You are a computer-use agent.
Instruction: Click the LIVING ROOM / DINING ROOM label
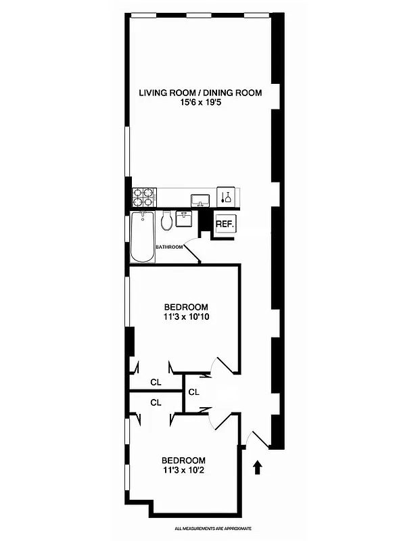[x=200, y=93]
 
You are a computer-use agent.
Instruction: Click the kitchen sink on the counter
[x=200, y=199]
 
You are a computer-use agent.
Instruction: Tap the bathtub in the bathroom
[x=141, y=237]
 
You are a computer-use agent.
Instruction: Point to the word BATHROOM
[x=169, y=247]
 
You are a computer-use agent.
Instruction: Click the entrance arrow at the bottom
[x=257, y=467]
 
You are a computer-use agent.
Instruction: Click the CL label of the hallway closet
[x=193, y=392]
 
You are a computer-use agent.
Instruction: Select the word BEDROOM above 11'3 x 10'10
[x=185, y=306]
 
